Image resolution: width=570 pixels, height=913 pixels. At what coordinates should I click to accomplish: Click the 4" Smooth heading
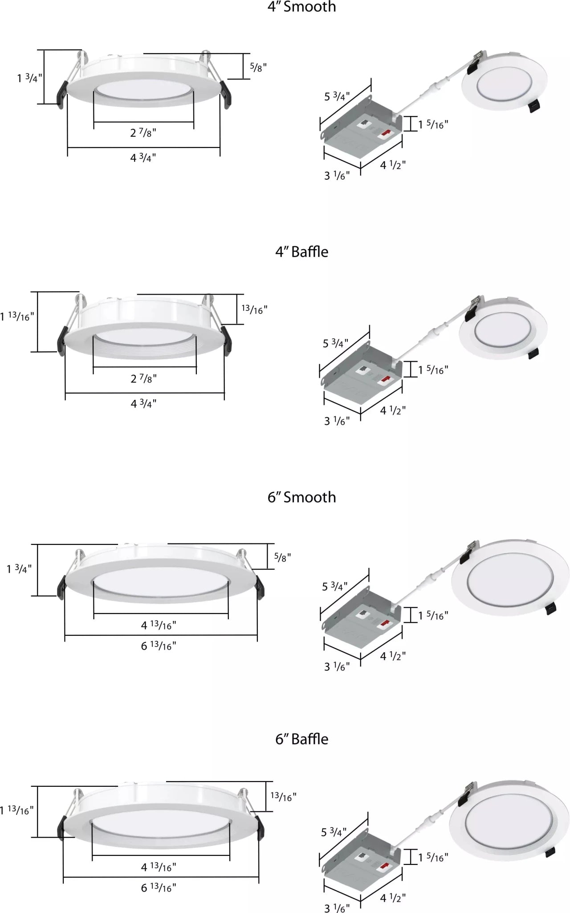pos(301,7)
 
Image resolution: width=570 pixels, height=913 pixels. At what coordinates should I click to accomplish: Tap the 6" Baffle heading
pos(301,739)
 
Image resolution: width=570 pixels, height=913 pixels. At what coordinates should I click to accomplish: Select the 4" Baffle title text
pos(301,252)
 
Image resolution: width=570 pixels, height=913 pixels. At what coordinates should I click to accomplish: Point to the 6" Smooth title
pos(301,497)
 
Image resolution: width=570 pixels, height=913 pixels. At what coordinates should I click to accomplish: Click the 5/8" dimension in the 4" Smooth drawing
pos(258,67)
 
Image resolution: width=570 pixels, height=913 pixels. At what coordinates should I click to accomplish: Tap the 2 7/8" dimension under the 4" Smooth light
pos(143,133)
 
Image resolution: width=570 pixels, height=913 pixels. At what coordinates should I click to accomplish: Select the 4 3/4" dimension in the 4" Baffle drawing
pos(143,404)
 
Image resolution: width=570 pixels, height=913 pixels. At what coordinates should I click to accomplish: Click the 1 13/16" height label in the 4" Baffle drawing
pos(17,317)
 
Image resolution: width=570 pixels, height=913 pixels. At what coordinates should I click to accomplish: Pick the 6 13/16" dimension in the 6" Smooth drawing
pos(158,646)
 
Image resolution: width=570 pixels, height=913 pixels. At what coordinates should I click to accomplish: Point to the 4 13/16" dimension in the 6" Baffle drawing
pos(158,867)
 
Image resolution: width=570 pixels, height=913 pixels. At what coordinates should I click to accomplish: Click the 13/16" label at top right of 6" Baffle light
pos(283,797)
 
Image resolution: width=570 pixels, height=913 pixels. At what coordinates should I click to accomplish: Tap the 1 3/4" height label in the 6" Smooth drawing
pos(19,569)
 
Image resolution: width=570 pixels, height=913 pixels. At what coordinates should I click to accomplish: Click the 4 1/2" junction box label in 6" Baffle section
pos(392,898)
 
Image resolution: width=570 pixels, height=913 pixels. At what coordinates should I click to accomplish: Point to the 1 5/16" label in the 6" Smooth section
pos(433,616)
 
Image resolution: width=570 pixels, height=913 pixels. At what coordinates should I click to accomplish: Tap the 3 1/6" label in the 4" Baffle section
pos(337,421)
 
